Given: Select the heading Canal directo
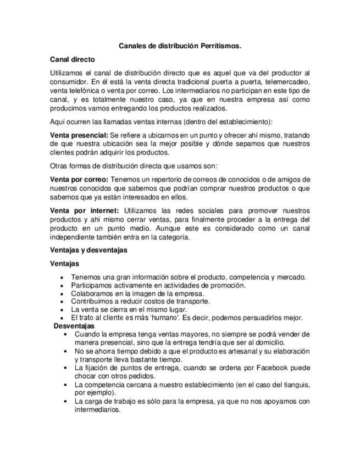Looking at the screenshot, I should [x=73, y=59].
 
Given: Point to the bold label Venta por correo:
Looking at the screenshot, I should [x=79, y=180].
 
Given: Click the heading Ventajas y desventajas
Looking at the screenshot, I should [x=88, y=250].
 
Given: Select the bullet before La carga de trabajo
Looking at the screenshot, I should [x=67, y=402].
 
